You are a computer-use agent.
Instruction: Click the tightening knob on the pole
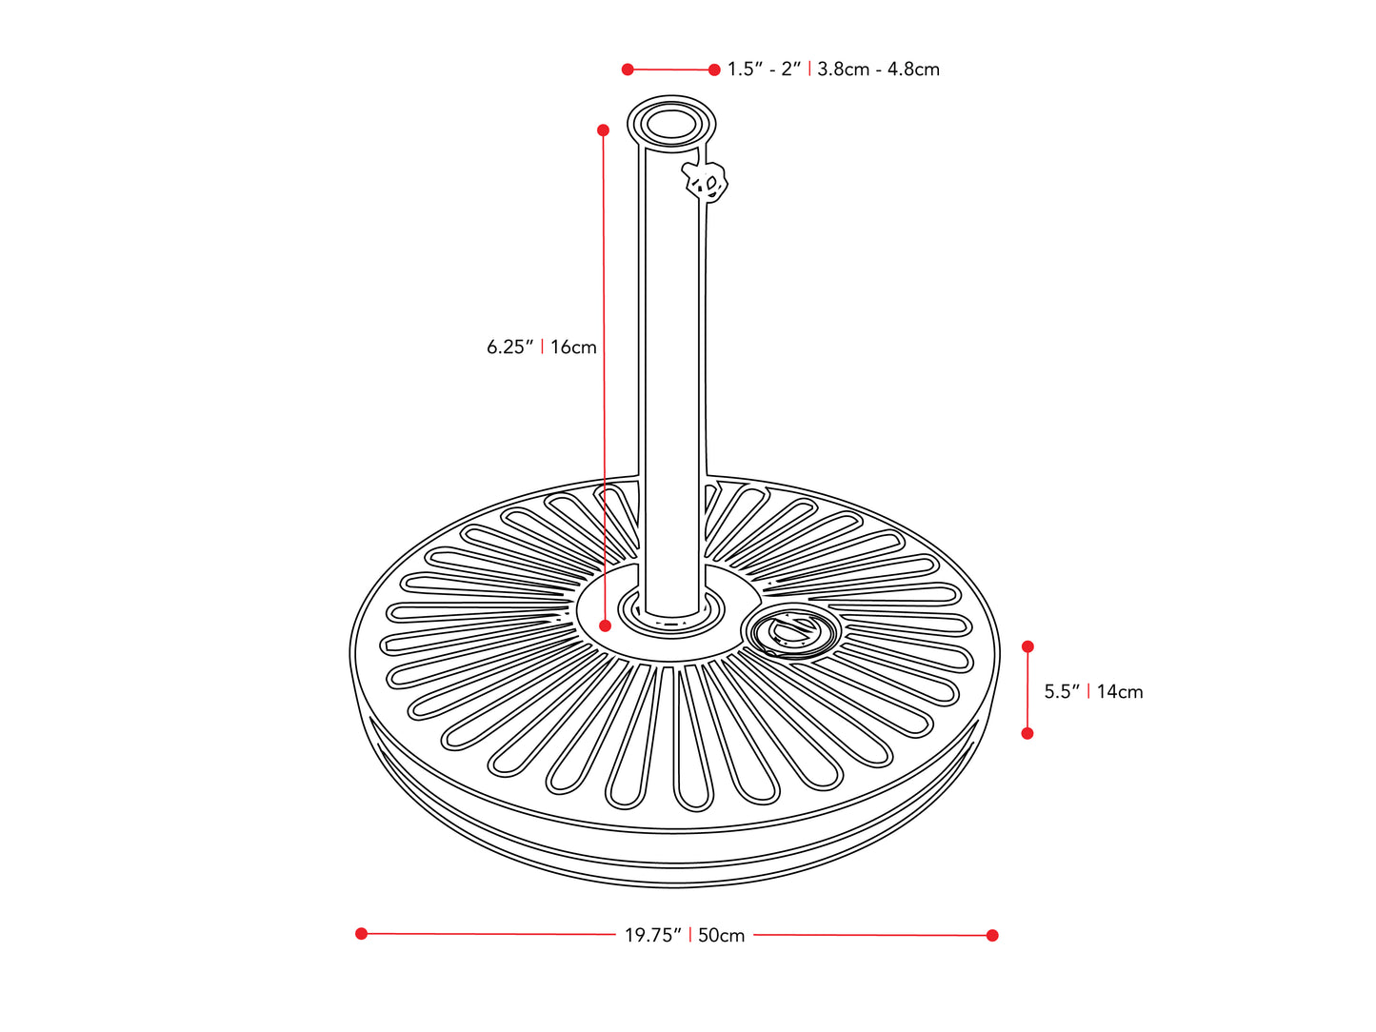coord(706,180)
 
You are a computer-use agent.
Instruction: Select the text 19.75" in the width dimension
coord(652,936)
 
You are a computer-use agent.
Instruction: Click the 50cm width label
coord(722,936)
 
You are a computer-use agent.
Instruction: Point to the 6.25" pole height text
coord(509,347)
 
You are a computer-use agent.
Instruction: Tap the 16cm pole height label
coord(573,347)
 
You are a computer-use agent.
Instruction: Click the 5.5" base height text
coord(1061,692)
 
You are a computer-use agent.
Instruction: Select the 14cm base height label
coord(1120,692)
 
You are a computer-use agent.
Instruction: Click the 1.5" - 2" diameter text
coord(764,69)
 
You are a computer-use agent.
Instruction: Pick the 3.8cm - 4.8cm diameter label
coord(878,69)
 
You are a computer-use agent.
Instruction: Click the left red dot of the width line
coord(361,934)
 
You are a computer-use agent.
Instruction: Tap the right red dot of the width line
coord(992,936)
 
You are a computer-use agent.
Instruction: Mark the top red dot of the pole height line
coord(603,129)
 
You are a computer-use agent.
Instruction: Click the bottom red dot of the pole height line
coord(605,625)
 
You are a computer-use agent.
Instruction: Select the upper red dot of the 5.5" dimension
coord(1027,646)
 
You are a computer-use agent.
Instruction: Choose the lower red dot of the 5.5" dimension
coord(1027,733)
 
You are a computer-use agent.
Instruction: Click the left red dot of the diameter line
coord(628,69)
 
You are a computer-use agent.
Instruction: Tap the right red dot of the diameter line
coord(714,69)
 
